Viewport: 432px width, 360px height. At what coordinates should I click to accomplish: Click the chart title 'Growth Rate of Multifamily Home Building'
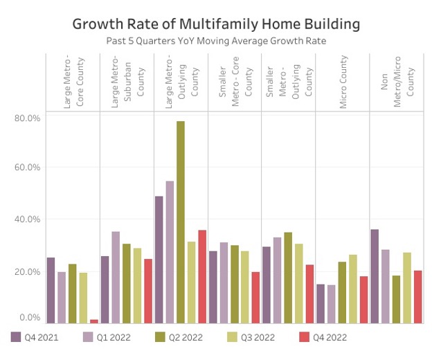coord(216,24)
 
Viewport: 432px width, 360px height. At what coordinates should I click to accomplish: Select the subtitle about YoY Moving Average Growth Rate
coord(216,42)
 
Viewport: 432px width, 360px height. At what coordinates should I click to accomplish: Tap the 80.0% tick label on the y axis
coord(27,118)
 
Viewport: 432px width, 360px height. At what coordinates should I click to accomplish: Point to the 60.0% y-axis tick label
coord(27,168)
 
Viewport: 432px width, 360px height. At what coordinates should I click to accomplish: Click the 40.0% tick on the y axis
coord(27,219)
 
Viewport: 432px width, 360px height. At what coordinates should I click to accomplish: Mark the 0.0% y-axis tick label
coord(29,318)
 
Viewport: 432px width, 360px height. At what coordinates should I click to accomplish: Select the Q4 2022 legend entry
coord(316,337)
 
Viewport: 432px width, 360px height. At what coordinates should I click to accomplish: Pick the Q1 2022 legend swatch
coord(88,337)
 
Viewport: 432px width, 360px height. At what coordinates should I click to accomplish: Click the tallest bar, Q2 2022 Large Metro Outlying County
coord(181,222)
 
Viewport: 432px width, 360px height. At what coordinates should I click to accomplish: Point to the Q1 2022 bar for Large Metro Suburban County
coord(116,277)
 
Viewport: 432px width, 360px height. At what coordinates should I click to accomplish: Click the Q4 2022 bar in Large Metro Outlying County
coord(202,276)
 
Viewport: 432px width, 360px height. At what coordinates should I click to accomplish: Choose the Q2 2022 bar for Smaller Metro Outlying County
coord(288,277)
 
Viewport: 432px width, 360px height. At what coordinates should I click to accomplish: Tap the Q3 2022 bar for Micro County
coord(352,288)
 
